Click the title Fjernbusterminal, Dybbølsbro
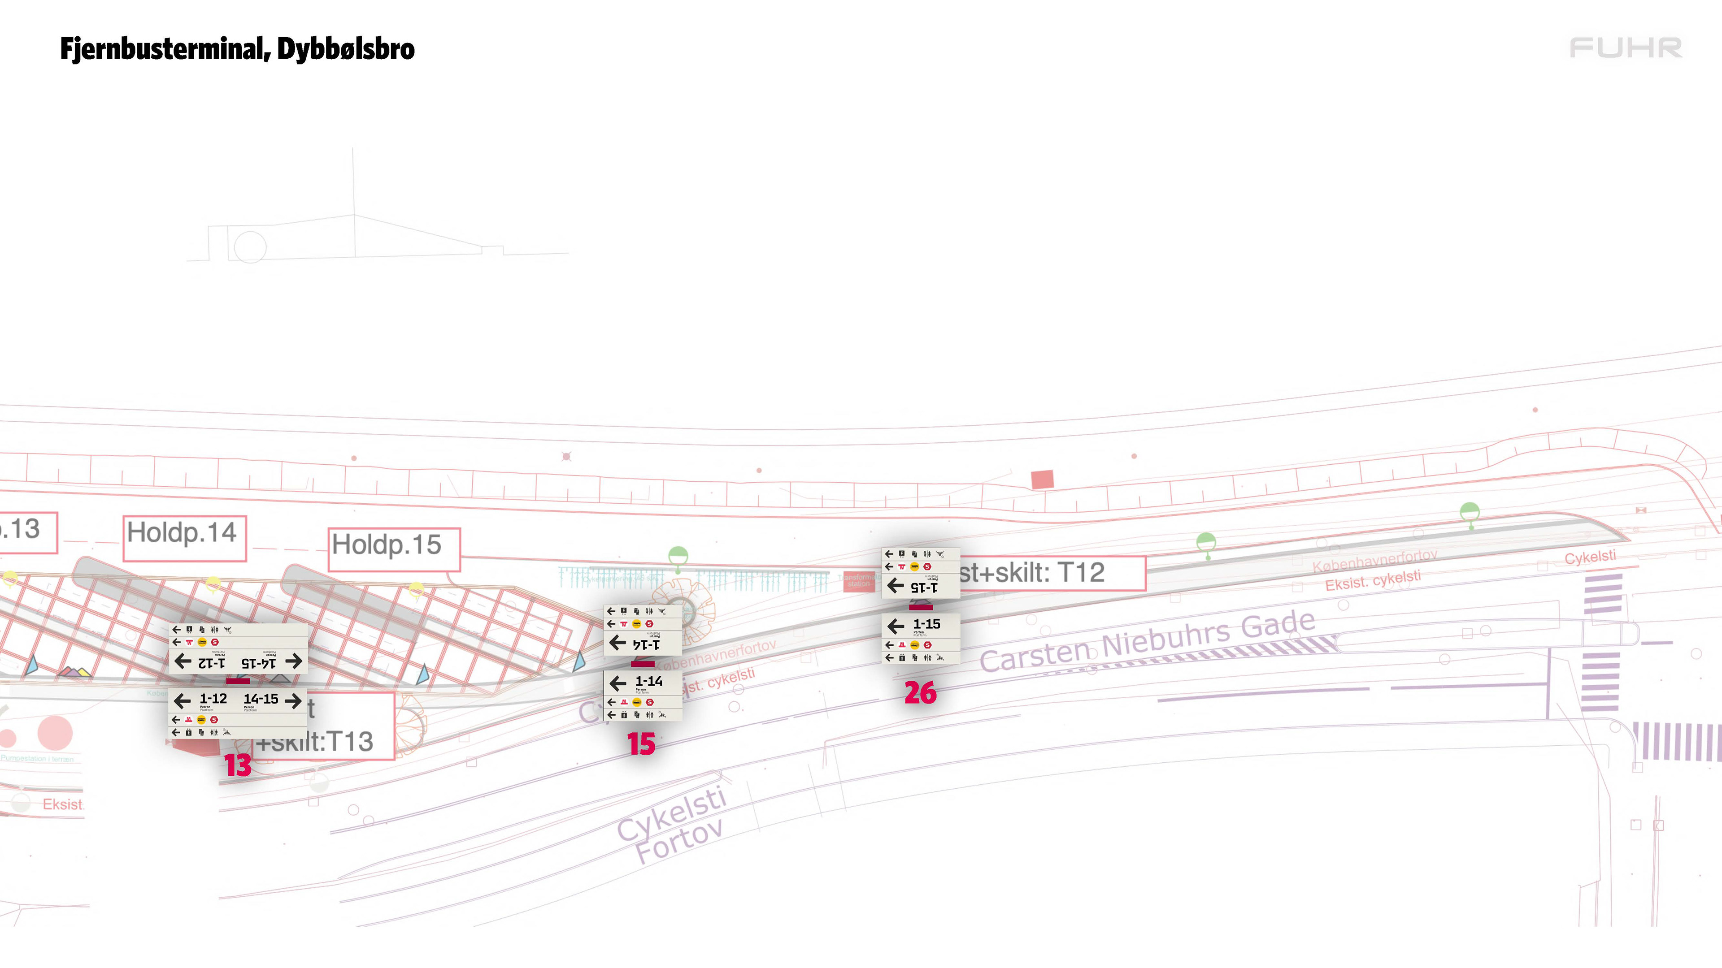coord(237,49)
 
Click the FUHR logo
coord(1625,48)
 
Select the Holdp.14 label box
coord(184,537)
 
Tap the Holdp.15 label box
coord(393,549)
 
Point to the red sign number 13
coord(237,765)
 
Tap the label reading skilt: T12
coord(1049,573)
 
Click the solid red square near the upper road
coord(1042,479)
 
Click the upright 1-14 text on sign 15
coord(648,681)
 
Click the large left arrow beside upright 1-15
coord(896,626)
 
